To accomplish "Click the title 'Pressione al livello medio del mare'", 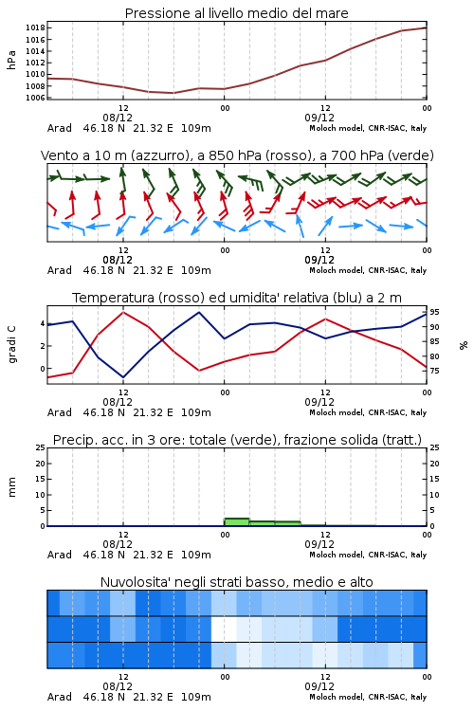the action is pos(236,13).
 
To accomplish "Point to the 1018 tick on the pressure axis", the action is pos(35,27).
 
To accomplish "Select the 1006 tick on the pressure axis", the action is pos(35,98).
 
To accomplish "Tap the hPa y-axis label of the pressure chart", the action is pos(11,60).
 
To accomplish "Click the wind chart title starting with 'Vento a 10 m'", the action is pos(237,155).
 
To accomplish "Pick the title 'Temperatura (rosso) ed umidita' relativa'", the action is pos(237,298).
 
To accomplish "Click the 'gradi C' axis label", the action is pos(11,344).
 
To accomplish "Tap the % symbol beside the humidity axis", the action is pos(464,345).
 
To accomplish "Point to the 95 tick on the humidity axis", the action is pos(434,312).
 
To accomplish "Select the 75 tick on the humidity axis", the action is pos(434,371).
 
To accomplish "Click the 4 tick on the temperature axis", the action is pos(42,323).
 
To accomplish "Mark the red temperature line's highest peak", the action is pos(123,312).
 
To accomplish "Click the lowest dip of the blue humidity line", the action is pos(123,377).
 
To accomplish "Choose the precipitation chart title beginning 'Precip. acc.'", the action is pos(237,440).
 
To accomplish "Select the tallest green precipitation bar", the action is pos(237,522).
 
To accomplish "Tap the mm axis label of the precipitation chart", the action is pos(11,487).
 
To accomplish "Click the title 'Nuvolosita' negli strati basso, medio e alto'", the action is pos(236,582).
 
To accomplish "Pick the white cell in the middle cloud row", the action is pos(224,629).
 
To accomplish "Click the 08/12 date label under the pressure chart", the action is pos(118,118).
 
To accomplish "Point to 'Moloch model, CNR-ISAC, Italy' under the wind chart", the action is pos(368,270).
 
